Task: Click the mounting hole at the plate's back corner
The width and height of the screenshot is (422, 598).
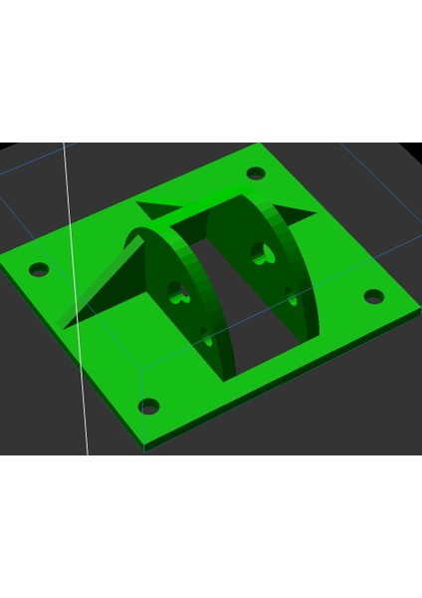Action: pyautogui.click(x=255, y=173)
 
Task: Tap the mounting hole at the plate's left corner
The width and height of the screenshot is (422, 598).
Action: pyautogui.click(x=40, y=269)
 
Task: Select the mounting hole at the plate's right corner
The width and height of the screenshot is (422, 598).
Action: pyautogui.click(x=373, y=296)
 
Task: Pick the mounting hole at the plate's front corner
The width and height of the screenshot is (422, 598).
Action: pyautogui.click(x=148, y=406)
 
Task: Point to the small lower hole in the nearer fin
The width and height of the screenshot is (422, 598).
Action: pyautogui.click(x=207, y=340)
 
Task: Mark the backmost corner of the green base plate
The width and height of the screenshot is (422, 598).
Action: pyautogui.click(x=261, y=149)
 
